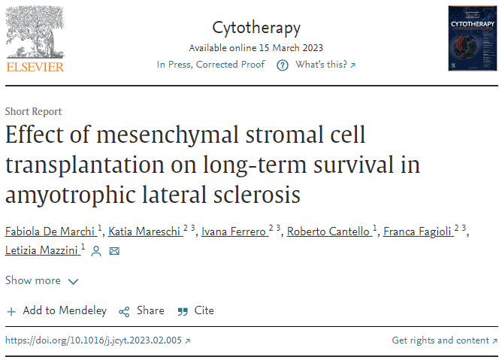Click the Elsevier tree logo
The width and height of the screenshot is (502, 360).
click(x=35, y=32)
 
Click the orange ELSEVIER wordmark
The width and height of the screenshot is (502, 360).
click(x=35, y=67)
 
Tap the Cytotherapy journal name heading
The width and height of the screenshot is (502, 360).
click(x=256, y=29)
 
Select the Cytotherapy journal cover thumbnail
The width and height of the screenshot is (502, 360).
click(x=473, y=38)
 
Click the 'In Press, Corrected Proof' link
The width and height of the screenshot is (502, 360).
click(x=210, y=65)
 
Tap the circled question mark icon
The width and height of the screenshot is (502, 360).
click(x=283, y=65)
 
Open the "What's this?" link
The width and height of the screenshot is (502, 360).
click(x=325, y=65)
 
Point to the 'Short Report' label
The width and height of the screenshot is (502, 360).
click(x=33, y=111)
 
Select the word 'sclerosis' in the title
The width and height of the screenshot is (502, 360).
click(x=257, y=195)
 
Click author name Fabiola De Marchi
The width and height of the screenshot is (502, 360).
click(x=50, y=231)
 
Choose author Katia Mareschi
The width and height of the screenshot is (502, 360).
click(x=144, y=231)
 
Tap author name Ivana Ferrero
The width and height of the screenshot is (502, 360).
click(x=234, y=231)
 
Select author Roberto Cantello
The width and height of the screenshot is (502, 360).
click(x=328, y=231)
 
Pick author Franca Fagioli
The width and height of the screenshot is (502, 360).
click(x=417, y=231)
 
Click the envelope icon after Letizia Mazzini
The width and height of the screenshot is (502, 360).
click(x=114, y=251)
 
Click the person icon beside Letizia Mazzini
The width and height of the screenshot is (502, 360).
click(x=96, y=251)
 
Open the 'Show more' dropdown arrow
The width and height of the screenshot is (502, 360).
click(x=74, y=282)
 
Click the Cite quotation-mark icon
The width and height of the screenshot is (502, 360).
click(x=183, y=311)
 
